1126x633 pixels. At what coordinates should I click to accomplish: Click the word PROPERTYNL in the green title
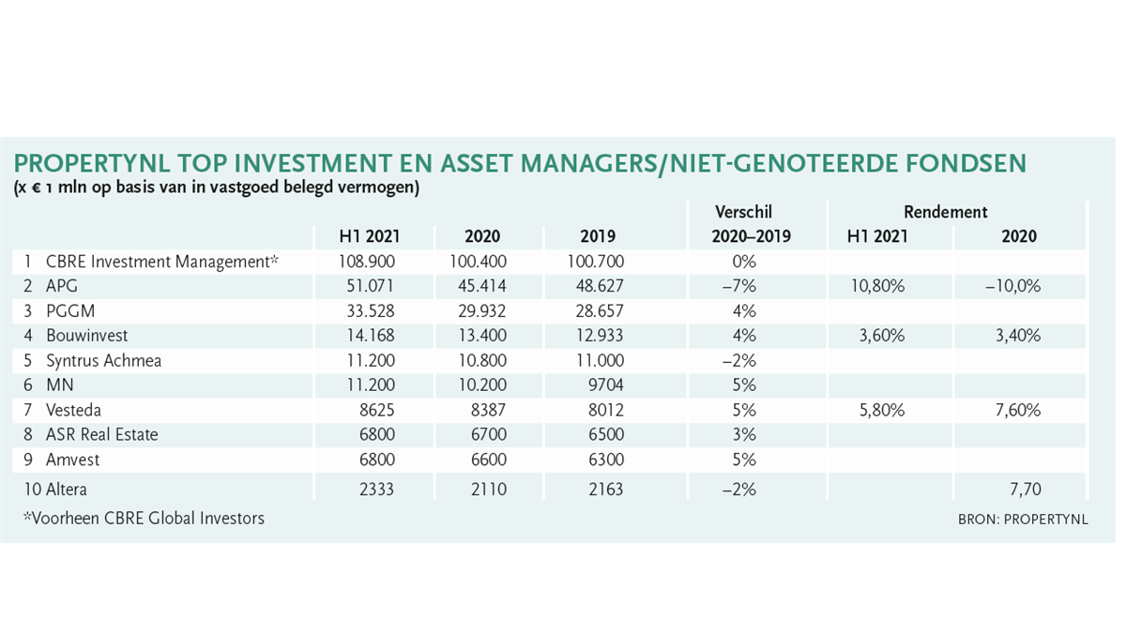(x=92, y=163)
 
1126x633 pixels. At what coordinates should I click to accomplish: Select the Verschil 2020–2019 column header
(x=751, y=224)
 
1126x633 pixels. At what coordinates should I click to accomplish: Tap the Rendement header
(x=946, y=212)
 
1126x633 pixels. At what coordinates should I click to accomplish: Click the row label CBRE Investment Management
(x=161, y=262)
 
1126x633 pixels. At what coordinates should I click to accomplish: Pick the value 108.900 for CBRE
(x=367, y=262)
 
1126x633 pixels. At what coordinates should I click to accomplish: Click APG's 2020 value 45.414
(x=482, y=286)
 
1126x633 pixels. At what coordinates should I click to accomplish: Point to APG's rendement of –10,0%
(x=1013, y=286)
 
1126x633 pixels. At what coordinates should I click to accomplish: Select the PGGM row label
(x=70, y=311)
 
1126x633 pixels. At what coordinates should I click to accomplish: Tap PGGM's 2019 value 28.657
(x=600, y=311)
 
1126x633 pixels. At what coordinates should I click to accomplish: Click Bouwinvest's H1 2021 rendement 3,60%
(x=882, y=335)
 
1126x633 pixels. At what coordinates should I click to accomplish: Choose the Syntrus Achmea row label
(x=103, y=361)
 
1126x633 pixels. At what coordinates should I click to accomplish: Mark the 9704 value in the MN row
(x=606, y=384)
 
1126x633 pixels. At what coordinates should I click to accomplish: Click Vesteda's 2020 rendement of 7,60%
(x=1018, y=410)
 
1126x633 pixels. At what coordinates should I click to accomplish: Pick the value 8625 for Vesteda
(x=377, y=410)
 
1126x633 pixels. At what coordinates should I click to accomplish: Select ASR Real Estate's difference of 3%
(x=744, y=434)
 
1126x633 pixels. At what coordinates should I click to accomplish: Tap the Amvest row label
(x=73, y=460)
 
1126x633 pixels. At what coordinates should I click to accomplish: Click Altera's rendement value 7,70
(x=1026, y=489)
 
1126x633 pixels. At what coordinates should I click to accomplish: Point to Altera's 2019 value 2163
(x=606, y=489)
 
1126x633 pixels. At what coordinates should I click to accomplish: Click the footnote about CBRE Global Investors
(x=144, y=518)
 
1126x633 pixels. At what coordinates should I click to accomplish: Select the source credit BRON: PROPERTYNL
(x=1023, y=519)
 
